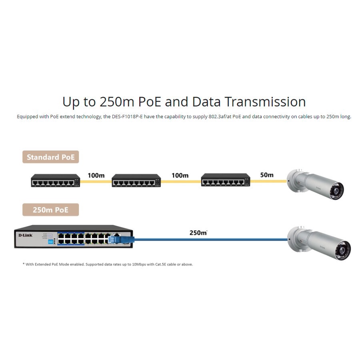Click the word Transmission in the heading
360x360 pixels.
coord(265,102)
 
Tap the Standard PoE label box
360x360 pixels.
coord(50,157)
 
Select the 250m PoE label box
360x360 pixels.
coord(50,210)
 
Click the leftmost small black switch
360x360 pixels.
coord(56,181)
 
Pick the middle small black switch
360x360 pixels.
coord(136,181)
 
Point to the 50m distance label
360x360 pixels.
coord(266,175)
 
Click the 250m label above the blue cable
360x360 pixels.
coord(198,232)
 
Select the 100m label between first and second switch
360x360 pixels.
coord(96,175)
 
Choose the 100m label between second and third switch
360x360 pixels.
coord(180,175)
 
